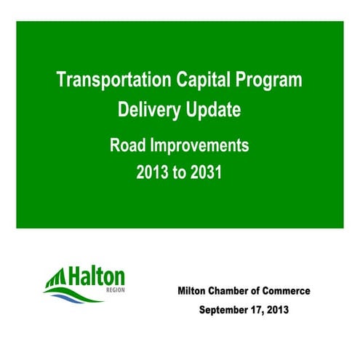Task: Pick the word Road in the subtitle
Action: coord(126,145)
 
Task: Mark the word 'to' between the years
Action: coord(180,175)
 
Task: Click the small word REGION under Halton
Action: coord(113,289)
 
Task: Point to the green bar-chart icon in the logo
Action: coord(57,276)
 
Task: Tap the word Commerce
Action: coord(288,291)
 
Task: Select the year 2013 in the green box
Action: coord(151,175)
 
